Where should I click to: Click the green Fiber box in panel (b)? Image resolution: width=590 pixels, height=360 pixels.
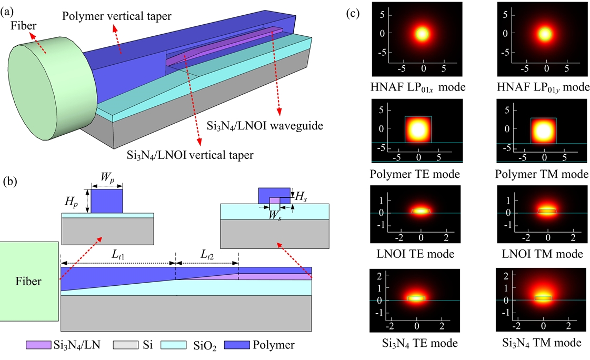[x=29, y=281]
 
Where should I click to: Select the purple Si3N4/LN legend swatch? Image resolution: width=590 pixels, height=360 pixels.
[x=36, y=345]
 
